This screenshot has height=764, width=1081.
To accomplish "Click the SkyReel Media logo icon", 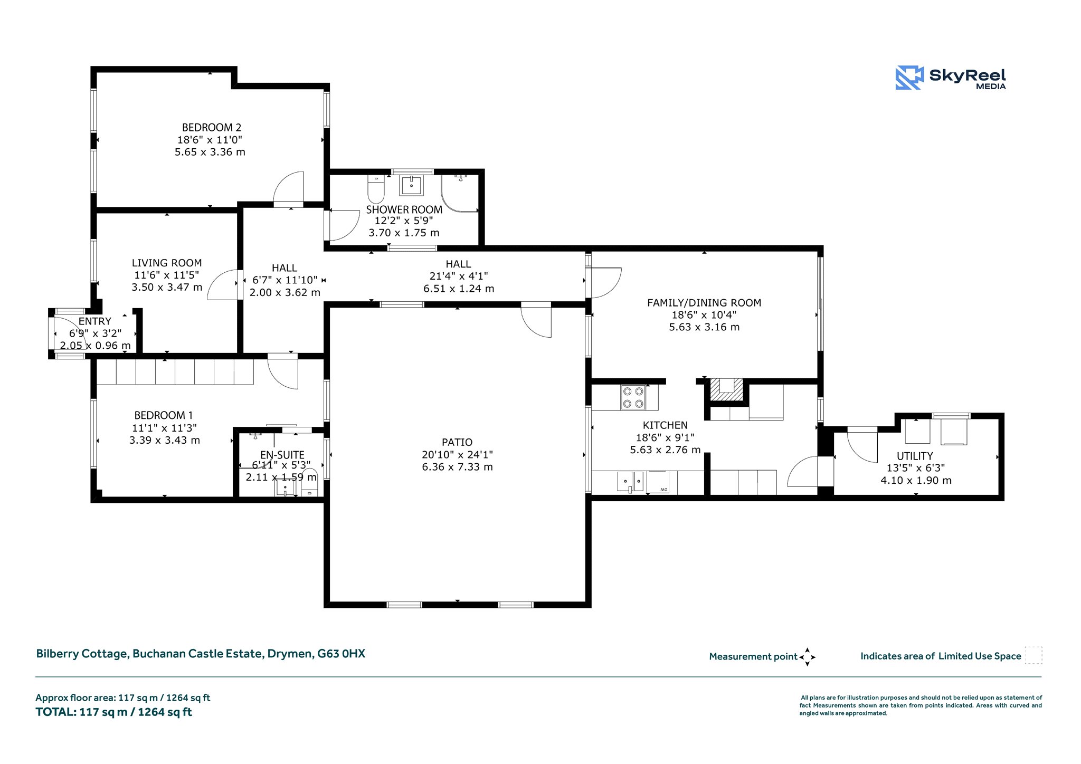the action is [x=909, y=78].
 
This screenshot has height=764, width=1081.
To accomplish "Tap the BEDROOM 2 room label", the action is [x=212, y=127].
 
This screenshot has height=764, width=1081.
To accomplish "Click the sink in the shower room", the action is [x=411, y=185].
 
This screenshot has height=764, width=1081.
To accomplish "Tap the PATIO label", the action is [x=457, y=442].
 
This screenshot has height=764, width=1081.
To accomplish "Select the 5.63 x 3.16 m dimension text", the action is [x=704, y=327].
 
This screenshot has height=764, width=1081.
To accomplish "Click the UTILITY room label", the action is [x=915, y=456].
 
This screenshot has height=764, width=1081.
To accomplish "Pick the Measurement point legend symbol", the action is [x=807, y=657].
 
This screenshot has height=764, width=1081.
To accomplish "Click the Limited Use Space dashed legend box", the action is [x=1033, y=655].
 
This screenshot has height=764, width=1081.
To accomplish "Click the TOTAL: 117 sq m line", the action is [x=113, y=712].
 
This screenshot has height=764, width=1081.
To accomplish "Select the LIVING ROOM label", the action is [x=167, y=263].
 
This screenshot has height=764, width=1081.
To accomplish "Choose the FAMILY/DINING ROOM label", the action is [x=704, y=303].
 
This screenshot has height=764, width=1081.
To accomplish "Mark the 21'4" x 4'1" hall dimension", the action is [x=458, y=276].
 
